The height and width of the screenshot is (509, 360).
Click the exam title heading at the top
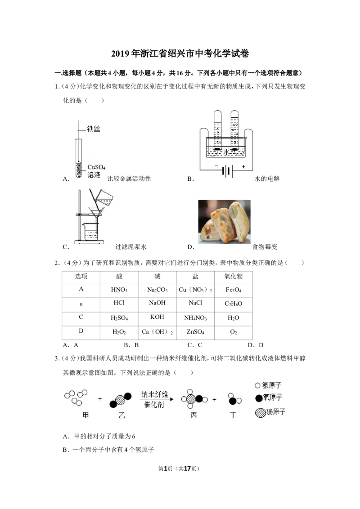point(180,54)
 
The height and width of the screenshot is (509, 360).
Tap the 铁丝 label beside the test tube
point(94,129)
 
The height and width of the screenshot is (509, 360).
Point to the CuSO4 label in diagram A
point(96,167)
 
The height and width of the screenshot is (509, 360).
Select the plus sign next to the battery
point(243,166)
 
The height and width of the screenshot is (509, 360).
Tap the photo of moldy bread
point(224,222)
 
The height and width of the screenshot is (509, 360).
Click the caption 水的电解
point(267,179)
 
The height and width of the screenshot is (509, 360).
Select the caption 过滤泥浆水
point(131,247)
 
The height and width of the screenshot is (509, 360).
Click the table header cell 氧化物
point(233,277)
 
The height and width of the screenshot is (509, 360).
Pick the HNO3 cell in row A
point(119,290)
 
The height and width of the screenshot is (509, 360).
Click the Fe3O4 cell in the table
point(233,290)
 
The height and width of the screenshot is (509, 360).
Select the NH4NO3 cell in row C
point(195,318)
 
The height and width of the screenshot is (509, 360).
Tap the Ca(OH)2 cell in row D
point(157,332)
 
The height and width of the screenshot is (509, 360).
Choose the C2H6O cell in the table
point(233,304)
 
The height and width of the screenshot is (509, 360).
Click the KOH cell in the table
point(157,317)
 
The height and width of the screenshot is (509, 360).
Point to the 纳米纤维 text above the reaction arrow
point(155,394)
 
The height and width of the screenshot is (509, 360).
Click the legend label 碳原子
point(276,412)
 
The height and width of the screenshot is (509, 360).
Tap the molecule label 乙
point(122,415)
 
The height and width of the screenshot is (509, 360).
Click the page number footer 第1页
point(166,469)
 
